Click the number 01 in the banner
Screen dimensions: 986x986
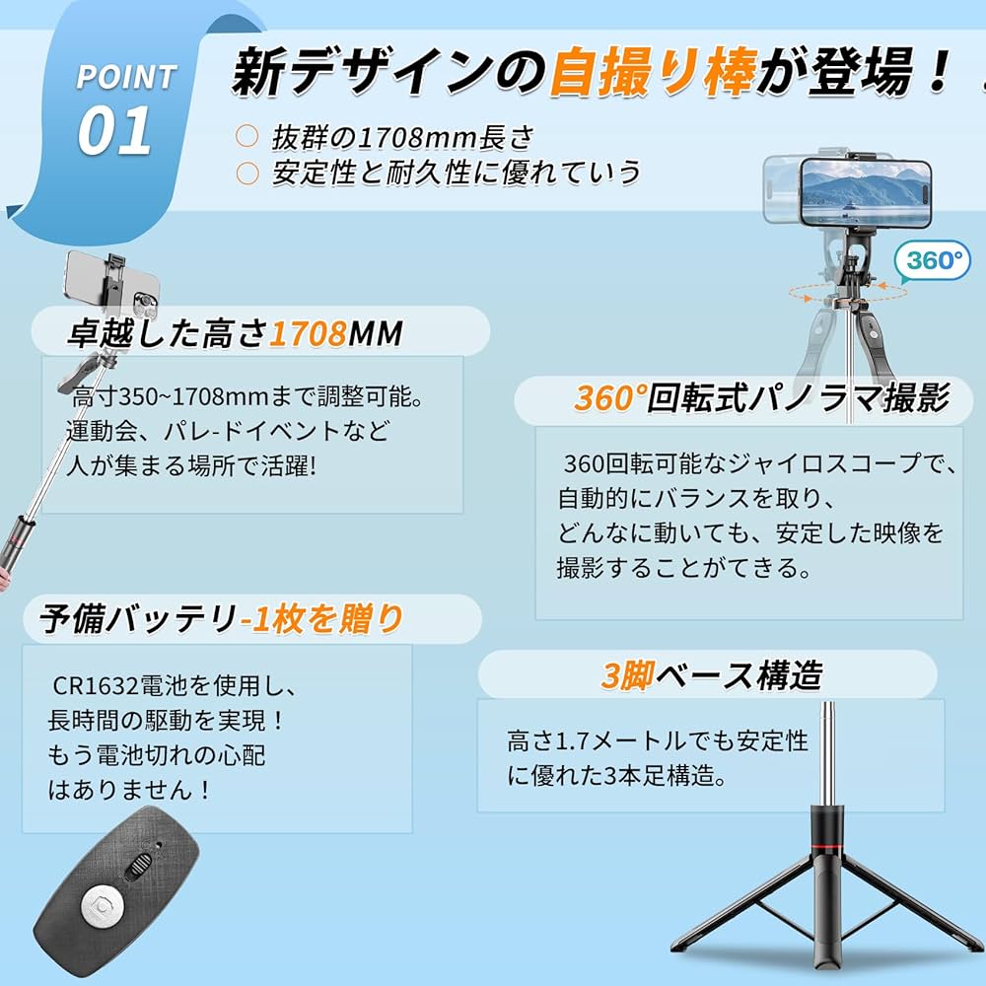click(x=114, y=131)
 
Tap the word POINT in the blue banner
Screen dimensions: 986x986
click(x=126, y=76)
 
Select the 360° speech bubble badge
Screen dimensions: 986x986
click(x=932, y=261)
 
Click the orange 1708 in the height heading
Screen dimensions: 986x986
click(x=306, y=334)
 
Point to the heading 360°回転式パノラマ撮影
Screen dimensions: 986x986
click(x=761, y=398)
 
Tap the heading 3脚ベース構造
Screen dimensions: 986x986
click(x=711, y=675)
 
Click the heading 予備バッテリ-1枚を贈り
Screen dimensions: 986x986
click(x=222, y=619)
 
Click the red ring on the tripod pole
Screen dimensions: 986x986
click(x=820, y=847)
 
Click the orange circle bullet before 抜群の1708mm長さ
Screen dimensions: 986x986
click(x=246, y=137)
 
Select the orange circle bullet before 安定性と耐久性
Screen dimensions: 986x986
click(x=246, y=174)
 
